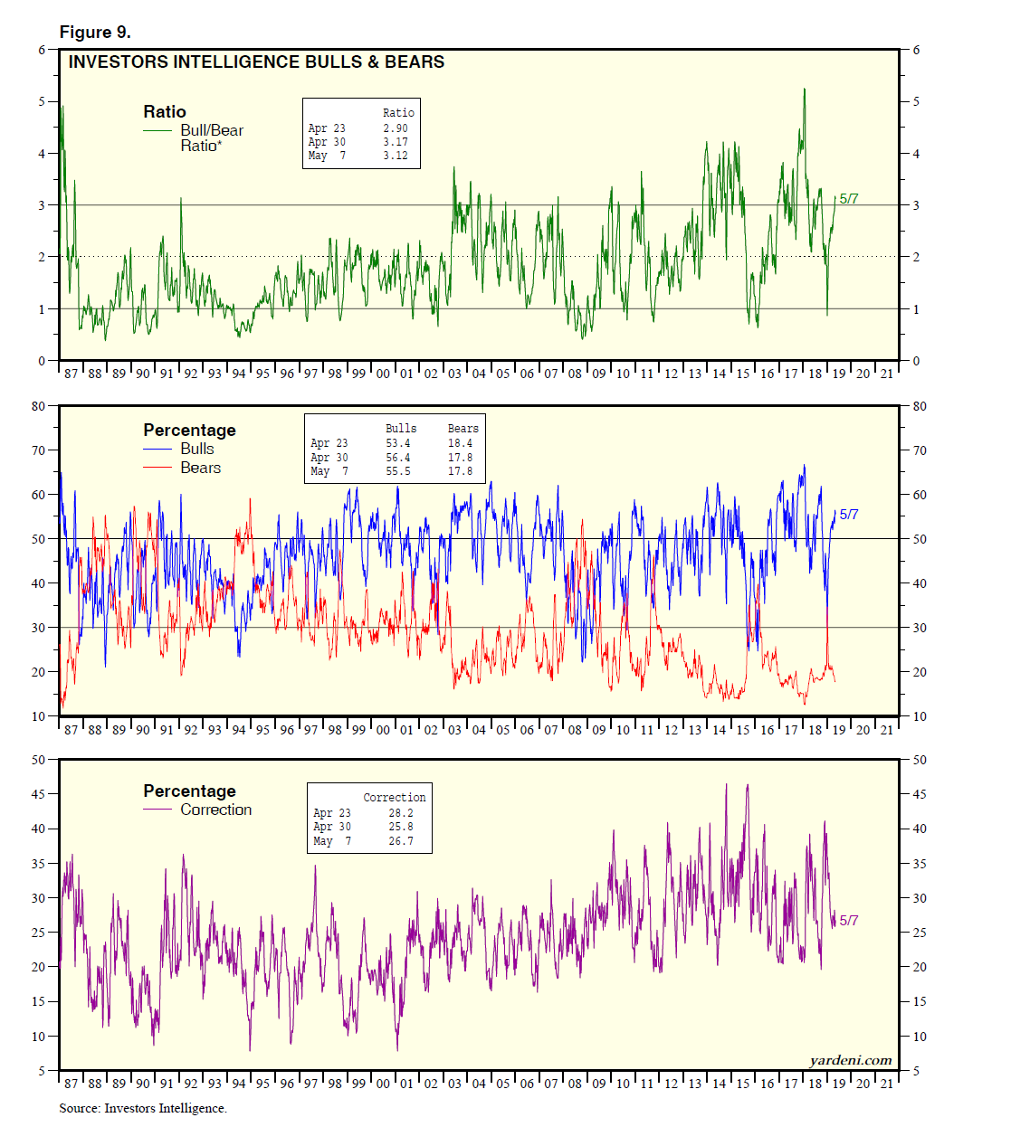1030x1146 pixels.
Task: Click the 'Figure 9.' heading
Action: click(x=95, y=33)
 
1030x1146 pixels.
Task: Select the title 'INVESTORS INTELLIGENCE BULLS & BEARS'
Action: click(x=256, y=62)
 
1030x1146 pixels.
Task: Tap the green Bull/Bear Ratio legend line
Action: click(x=157, y=130)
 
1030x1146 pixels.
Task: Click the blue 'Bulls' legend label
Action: click(x=197, y=449)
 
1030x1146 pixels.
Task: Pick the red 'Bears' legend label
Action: click(x=200, y=468)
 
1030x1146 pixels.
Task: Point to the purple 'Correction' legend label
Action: click(x=215, y=810)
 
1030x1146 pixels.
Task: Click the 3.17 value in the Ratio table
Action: click(x=395, y=142)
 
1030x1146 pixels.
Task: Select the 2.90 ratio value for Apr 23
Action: click(x=395, y=128)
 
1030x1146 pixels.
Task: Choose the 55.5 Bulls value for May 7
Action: click(x=398, y=471)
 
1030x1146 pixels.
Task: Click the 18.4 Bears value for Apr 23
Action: click(x=460, y=443)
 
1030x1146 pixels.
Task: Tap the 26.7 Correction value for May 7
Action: click(x=401, y=841)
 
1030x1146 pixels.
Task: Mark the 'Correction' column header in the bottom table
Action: click(x=394, y=798)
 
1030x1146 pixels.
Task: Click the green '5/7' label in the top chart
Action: click(x=849, y=199)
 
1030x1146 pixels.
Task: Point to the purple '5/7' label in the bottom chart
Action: click(x=849, y=921)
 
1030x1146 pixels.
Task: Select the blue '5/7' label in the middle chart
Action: click(x=849, y=515)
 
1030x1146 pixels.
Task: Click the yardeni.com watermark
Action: click(x=850, y=1060)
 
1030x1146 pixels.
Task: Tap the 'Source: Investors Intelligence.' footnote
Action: click(x=143, y=1108)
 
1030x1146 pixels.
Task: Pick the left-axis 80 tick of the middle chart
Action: click(x=39, y=406)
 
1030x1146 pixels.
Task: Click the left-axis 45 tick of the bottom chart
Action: click(x=39, y=794)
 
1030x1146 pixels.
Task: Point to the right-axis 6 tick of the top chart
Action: click(x=916, y=50)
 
